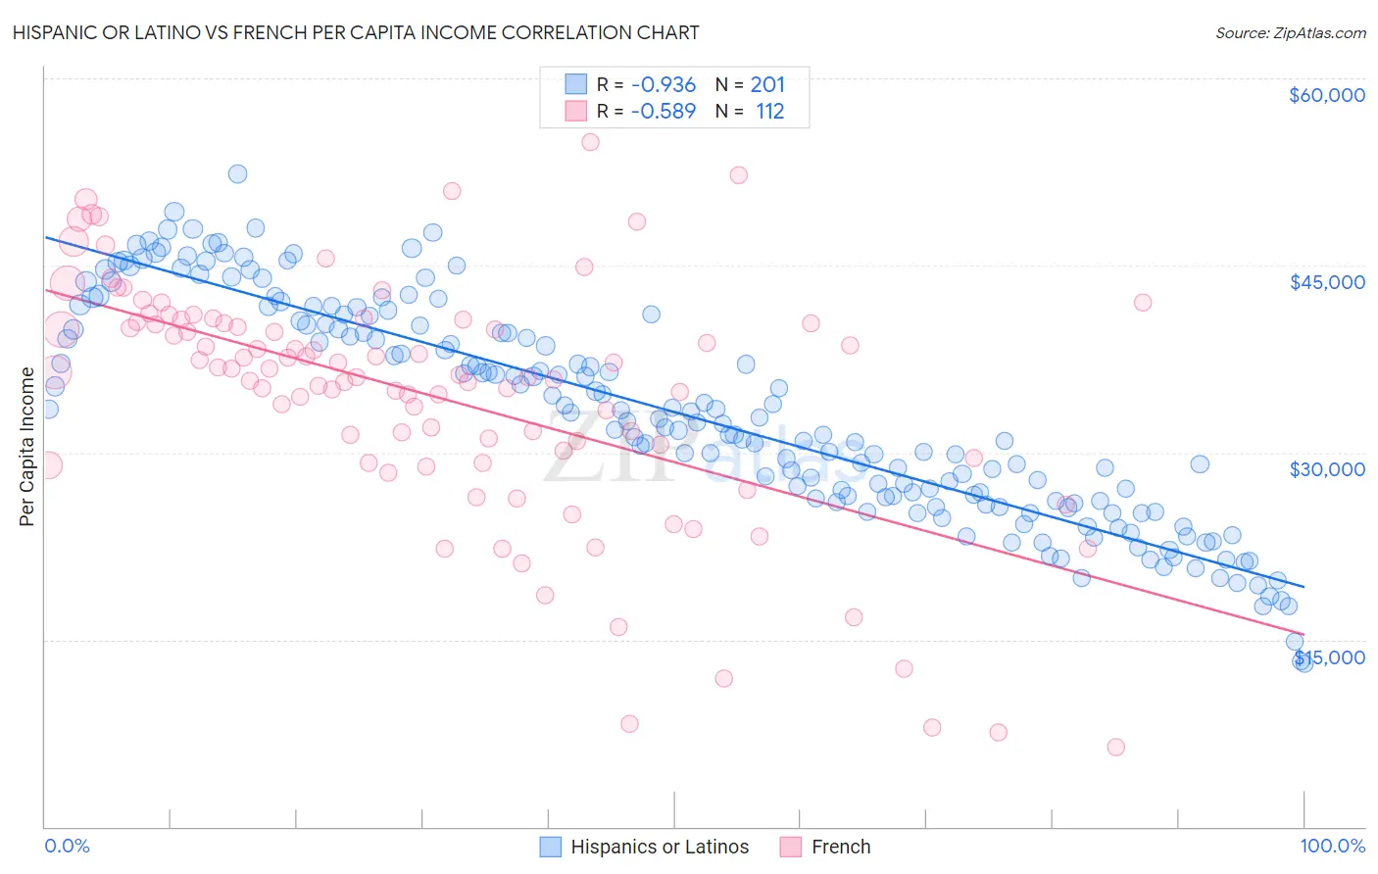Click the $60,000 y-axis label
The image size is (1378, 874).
1326,95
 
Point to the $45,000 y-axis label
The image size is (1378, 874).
1326,282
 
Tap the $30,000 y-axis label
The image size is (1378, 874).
1326,469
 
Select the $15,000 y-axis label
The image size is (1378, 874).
1330,656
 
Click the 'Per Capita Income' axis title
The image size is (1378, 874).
27,446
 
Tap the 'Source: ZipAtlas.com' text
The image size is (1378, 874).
1290,32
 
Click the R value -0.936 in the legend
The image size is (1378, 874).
663,85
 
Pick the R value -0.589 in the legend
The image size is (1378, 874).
663,112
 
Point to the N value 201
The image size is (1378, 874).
767,85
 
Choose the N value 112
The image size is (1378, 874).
769,112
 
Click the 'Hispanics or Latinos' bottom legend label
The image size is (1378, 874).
659,847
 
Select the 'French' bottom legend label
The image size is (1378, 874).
840,847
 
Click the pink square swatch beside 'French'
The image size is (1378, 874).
791,847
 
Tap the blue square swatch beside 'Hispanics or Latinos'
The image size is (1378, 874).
551,847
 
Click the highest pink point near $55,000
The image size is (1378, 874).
590,142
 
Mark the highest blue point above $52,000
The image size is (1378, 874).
237,174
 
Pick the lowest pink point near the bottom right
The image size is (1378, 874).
1115,748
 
